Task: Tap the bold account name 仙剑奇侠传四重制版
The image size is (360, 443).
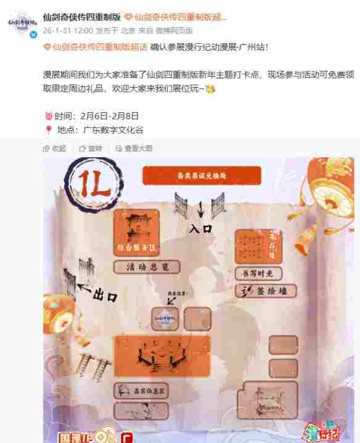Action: (81, 17)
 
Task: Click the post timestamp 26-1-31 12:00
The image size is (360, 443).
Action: (68, 29)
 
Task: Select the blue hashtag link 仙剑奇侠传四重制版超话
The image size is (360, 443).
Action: (95, 46)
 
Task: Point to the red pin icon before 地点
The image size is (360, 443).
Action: (48, 130)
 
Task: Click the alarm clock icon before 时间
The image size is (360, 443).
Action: (48, 115)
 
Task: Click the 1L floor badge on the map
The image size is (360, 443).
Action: (90, 183)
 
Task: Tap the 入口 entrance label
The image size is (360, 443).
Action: (200, 228)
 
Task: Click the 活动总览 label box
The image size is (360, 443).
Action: (147, 267)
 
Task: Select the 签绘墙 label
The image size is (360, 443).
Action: (264, 291)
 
